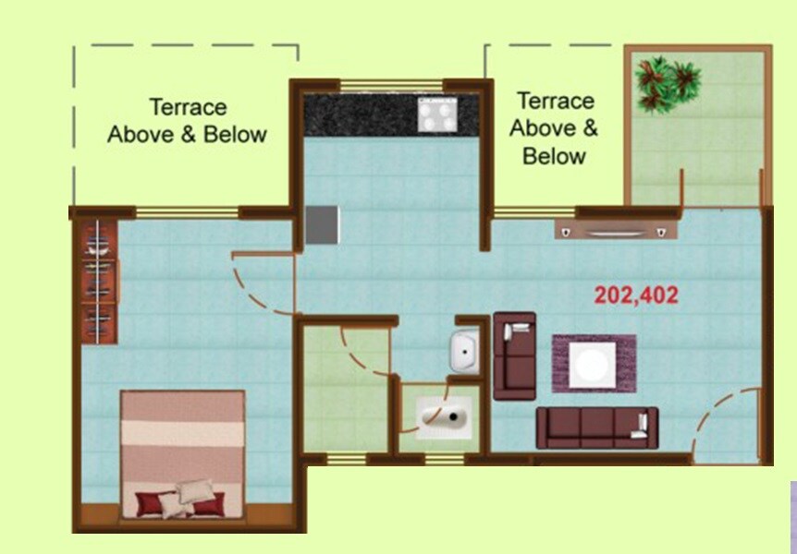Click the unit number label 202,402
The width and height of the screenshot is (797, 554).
point(636,295)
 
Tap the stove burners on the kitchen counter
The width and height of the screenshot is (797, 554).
point(438,114)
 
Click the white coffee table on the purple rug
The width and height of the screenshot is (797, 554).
point(593,364)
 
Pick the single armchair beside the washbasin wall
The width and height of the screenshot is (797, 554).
point(514,355)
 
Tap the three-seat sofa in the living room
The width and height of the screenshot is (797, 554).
point(597,428)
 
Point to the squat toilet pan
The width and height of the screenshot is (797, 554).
point(442,418)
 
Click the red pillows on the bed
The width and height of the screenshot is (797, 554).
point(181,503)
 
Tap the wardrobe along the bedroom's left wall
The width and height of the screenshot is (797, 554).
point(99,281)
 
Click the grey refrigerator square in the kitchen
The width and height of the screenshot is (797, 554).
point(323,224)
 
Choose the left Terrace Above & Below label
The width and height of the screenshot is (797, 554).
point(187,121)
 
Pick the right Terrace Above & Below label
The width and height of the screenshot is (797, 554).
point(554,127)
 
